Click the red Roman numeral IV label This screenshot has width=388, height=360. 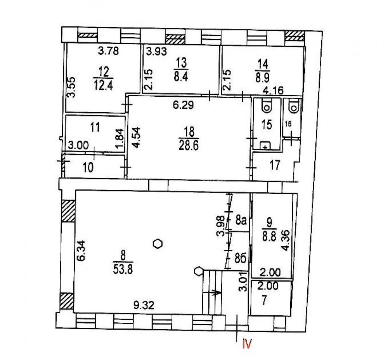(x=247, y=344)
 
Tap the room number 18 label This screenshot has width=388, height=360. (x=189, y=132)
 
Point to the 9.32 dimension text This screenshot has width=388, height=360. (x=144, y=305)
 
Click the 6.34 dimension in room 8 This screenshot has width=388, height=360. (x=81, y=250)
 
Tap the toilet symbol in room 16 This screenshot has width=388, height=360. (x=294, y=107)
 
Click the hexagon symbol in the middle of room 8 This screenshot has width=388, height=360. (x=158, y=244)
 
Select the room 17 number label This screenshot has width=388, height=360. (x=275, y=165)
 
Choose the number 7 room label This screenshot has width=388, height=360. (x=264, y=301)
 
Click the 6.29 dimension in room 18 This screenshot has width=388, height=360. (x=183, y=105)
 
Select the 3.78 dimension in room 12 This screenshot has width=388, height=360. (x=108, y=51)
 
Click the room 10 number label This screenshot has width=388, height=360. (x=88, y=167)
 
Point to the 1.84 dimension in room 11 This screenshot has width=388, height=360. (x=120, y=139)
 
